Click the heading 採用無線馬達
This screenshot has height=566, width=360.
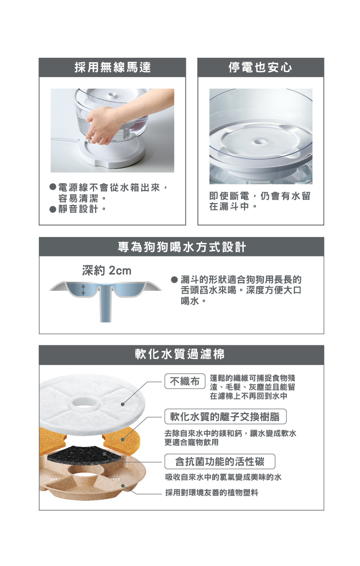pos(113,67)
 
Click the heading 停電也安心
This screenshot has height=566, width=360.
pos(260,67)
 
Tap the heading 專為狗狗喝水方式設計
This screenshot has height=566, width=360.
pos(182,247)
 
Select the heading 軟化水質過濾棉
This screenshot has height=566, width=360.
pos(180,354)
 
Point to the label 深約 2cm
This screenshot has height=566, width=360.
pos(107,270)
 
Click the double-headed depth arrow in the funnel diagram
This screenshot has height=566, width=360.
pos(83,290)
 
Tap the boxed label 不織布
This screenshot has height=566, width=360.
pos(185,381)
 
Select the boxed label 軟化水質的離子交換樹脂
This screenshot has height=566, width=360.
pos(226,417)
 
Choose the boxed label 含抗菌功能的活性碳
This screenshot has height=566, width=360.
pos(220,461)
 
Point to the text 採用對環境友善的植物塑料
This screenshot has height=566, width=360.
pos(212,493)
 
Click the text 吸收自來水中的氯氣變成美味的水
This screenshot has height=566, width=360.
pos(223,477)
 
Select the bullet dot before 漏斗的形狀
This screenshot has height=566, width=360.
pos(174,280)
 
